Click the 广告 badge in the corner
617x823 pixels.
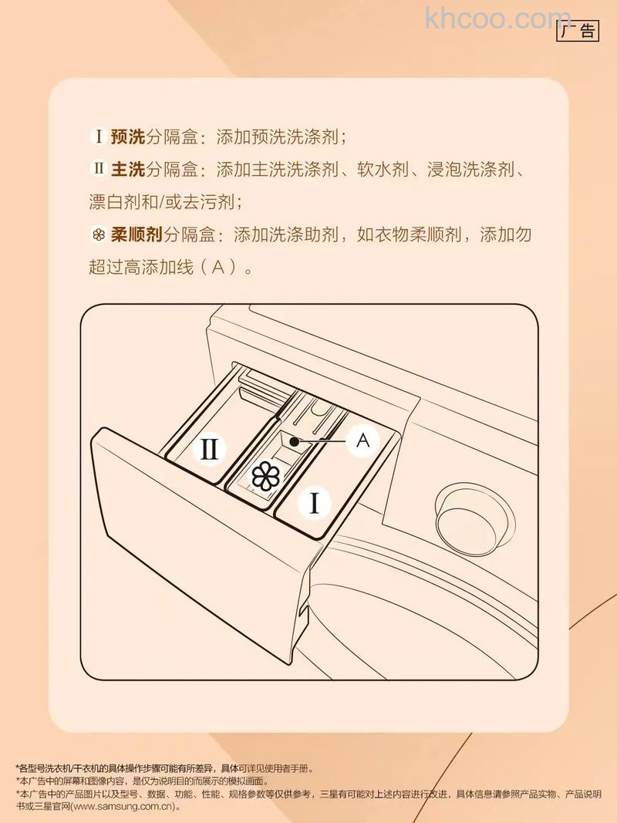pyautogui.click(x=577, y=31)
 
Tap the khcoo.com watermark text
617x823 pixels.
pyautogui.click(x=497, y=18)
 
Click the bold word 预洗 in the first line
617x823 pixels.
pyautogui.click(x=128, y=137)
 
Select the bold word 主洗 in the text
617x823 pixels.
pyautogui.click(x=128, y=169)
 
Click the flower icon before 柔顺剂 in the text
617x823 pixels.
pyautogui.click(x=98, y=234)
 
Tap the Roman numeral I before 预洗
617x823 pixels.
pyautogui.click(x=98, y=137)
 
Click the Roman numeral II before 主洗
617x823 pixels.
pyautogui.click(x=98, y=169)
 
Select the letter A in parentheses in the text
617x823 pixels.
pyautogui.click(x=217, y=268)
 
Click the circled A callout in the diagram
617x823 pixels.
pyautogui.click(x=364, y=440)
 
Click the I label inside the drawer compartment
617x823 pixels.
pyautogui.click(x=315, y=504)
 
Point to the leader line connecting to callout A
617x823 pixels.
pyautogui.click(x=324, y=440)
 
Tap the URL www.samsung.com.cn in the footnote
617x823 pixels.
pyautogui.click(x=123, y=807)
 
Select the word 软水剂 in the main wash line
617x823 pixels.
pyautogui.click(x=381, y=169)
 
